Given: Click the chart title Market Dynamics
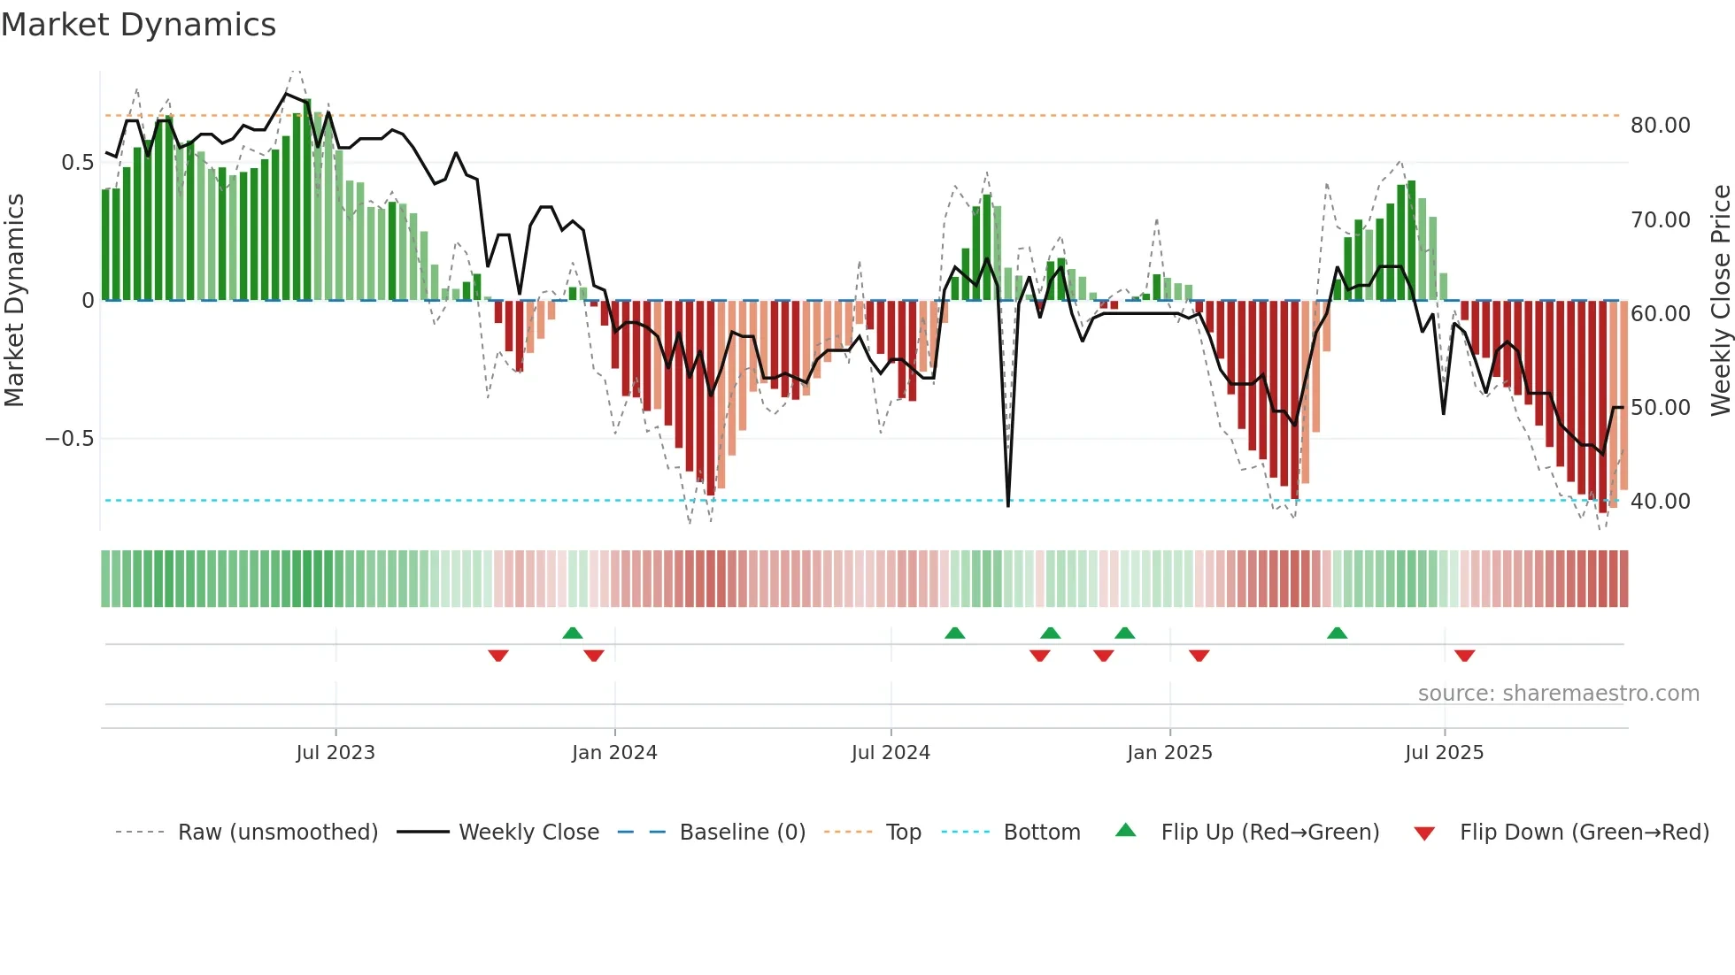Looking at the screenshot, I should coord(138,25).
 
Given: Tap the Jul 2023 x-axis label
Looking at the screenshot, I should coord(335,753).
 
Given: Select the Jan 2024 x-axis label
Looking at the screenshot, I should coord(614,753).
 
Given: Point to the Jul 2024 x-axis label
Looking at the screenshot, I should coord(891,753).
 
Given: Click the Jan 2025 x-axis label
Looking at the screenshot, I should coord(1169,753).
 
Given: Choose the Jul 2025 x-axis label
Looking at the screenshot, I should coord(1444,753).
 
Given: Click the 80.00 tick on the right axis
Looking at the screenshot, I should coord(1660,126).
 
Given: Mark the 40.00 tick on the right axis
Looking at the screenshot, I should coord(1660,502).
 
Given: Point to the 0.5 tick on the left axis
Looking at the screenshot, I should coord(78,163).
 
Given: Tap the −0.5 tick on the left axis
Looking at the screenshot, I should coord(70,439).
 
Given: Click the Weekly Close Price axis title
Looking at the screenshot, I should coord(1720,301).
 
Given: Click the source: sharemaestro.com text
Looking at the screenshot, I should coord(1558,694).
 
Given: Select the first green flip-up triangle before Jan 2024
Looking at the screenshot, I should coord(573,633).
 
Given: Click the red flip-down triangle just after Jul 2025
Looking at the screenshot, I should coord(1464,656).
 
